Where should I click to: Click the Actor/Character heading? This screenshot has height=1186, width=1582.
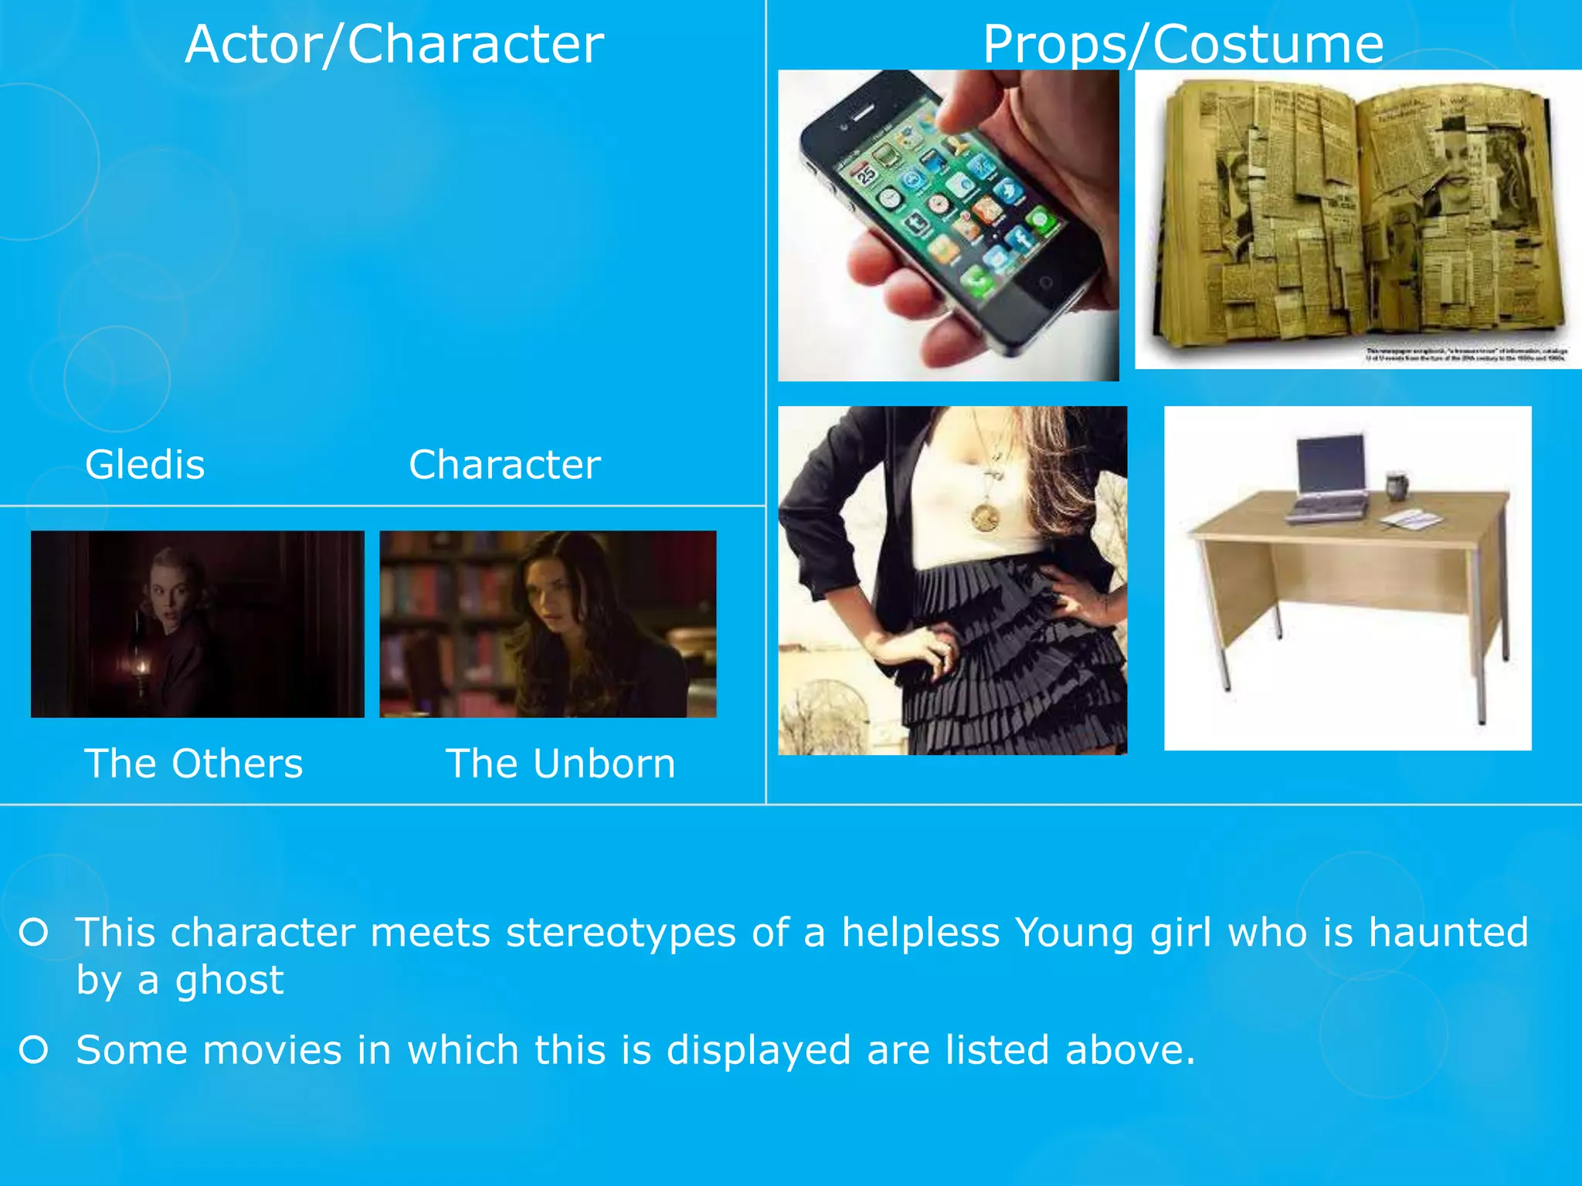tap(394, 44)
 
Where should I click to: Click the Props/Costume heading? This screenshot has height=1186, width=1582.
tap(1183, 44)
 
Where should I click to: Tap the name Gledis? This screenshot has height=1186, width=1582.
tap(145, 465)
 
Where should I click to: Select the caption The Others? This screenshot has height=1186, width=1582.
tap(193, 764)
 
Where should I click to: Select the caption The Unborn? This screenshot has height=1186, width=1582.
tap(560, 764)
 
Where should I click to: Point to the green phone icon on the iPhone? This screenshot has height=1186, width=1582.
tap(977, 280)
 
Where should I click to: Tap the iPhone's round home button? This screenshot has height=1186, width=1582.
tap(1044, 283)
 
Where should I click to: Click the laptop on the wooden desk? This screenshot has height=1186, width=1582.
tap(1329, 479)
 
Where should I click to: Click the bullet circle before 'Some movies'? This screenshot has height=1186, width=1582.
tap(34, 1049)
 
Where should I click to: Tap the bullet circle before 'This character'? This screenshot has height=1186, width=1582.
tap(34, 932)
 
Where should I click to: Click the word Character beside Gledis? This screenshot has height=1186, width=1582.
tap(504, 465)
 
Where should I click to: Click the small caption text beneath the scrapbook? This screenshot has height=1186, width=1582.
tap(1466, 354)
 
